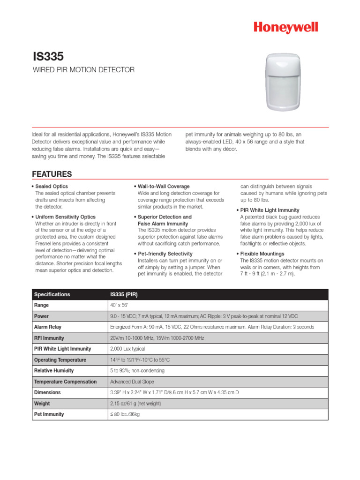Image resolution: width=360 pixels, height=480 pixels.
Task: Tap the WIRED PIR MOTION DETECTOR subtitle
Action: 83,70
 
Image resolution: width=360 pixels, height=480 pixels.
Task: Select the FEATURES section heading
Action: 52,174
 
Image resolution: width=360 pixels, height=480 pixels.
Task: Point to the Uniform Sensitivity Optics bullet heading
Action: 65,217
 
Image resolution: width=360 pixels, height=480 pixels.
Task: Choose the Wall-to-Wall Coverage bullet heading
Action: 164,187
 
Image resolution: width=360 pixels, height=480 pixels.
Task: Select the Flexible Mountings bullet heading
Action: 262,254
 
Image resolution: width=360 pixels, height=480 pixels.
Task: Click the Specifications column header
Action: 52,294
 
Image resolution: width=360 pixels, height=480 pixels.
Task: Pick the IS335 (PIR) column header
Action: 124,294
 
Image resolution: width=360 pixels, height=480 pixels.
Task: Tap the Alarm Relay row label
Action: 48,327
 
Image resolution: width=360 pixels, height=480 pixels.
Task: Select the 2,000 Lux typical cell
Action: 127,349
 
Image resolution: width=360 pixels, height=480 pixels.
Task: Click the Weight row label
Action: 42,403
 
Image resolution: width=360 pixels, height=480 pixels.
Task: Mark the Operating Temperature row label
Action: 60,360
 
